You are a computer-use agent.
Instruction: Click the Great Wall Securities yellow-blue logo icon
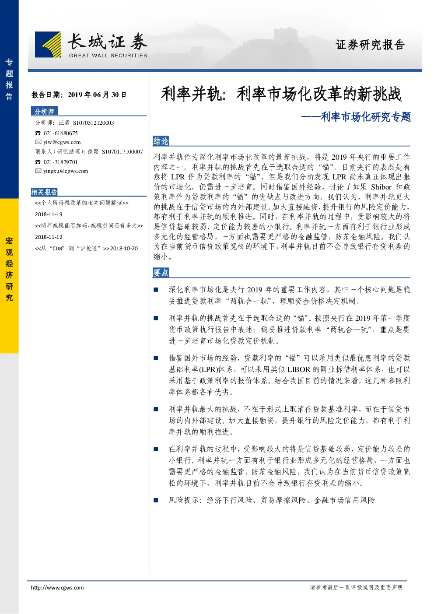click(x=48, y=44)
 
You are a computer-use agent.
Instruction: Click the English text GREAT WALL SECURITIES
click(x=108, y=56)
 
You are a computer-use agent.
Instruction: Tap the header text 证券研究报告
click(x=370, y=45)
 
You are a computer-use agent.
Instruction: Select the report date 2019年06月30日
click(x=97, y=95)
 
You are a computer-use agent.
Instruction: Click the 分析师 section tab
click(x=44, y=111)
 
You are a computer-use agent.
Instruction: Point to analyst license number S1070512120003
click(x=94, y=123)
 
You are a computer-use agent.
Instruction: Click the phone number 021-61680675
click(x=60, y=133)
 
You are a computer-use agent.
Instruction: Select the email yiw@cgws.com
click(x=62, y=142)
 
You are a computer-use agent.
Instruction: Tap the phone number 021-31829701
click(x=60, y=162)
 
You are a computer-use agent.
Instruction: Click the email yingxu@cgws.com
click(x=66, y=171)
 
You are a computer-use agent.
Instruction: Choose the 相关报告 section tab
click(x=44, y=192)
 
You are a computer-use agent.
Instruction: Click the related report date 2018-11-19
click(x=49, y=214)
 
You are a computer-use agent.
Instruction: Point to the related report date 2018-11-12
click(x=49, y=237)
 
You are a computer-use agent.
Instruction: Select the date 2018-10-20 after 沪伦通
click(x=124, y=249)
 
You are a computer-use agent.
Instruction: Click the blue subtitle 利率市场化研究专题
click(x=366, y=117)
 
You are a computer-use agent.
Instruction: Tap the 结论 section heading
click(x=161, y=141)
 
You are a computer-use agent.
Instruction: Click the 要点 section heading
click(x=161, y=273)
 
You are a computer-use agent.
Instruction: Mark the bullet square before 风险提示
click(x=156, y=500)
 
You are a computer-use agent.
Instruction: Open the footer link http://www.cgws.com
click(x=57, y=588)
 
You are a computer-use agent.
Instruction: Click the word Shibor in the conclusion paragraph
click(x=381, y=187)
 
